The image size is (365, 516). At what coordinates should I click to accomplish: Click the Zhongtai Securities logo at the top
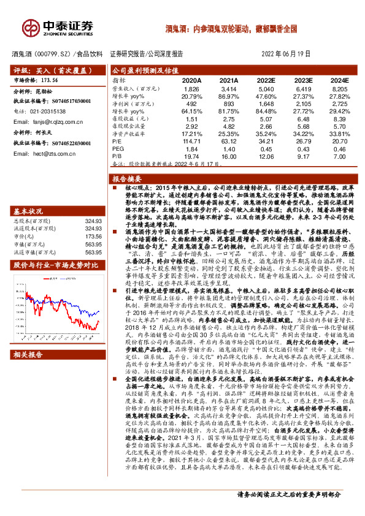[58, 28]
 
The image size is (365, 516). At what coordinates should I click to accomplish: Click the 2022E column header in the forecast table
[266, 80]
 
